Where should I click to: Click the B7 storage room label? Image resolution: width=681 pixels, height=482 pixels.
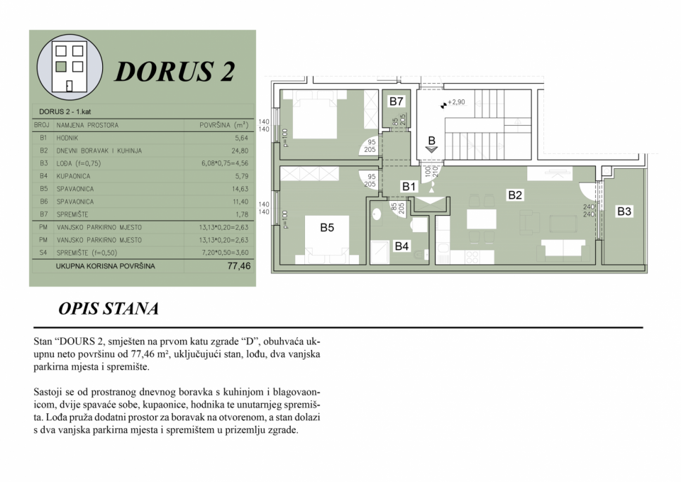coord(396,102)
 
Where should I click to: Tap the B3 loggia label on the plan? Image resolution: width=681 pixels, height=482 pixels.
coord(624,211)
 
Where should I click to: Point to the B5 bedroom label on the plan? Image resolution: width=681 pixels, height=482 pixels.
coord(327,228)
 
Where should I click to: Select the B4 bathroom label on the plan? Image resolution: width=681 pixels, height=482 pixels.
coord(402,246)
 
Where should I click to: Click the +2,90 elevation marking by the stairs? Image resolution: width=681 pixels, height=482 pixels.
coord(455,102)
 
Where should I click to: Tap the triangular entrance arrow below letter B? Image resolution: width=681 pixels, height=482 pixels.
coord(431,150)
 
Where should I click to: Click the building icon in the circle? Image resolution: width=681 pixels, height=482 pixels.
coord(70,67)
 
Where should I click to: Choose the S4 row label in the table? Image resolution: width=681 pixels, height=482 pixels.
coord(43,253)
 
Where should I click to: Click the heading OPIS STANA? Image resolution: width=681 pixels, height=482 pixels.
coord(109,310)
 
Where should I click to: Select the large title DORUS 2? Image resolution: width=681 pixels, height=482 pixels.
coord(175,72)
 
